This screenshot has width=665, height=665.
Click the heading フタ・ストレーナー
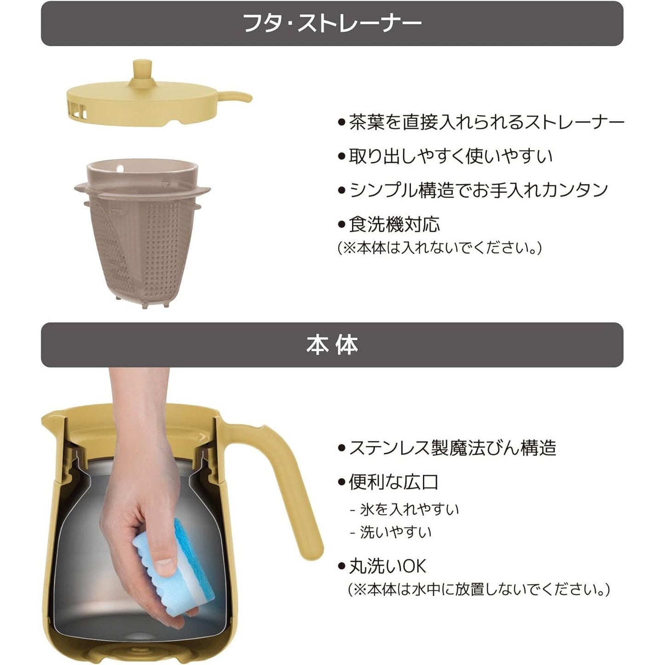pyautogui.click(x=332, y=23)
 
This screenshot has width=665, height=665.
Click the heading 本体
pyautogui.click(x=332, y=345)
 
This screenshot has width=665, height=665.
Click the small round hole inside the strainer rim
pyautogui.click(x=120, y=168)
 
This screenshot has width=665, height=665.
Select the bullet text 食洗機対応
pyautogui.click(x=394, y=225)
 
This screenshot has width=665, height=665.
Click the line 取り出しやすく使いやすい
pyautogui.click(x=451, y=156)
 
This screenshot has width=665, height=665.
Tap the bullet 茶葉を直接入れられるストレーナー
pyautogui.click(x=486, y=122)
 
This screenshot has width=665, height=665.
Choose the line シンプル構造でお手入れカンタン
pyautogui.click(x=478, y=190)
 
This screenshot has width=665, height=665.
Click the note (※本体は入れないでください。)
pyautogui.click(x=439, y=248)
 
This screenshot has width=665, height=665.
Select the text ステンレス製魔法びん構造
pyautogui.click(x=452, y=448)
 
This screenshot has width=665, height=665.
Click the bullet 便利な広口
pyautogui.click(x=393, y=482)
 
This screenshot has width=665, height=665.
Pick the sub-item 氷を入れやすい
pyautogui.click(x=409, y=510)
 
